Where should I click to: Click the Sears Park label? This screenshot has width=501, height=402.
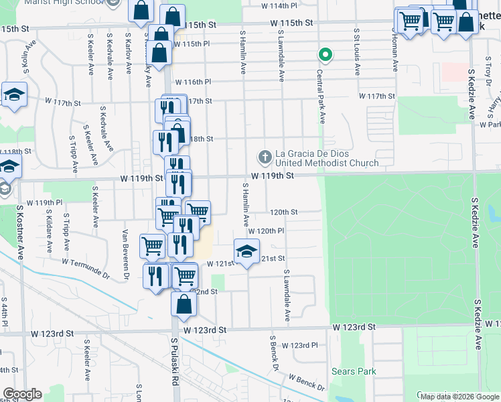click(x=354, y=371)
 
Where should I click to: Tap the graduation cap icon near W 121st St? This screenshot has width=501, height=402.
click(x=246, y=252)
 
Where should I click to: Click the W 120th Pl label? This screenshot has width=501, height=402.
click(x=267, y=230)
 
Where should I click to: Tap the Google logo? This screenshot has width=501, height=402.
click(x=22, y=394)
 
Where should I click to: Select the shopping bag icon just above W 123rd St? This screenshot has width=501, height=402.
click(x=184, y=304)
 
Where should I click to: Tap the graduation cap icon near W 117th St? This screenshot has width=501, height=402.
click(x=13, y=96)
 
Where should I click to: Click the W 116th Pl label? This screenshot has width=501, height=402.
click(x=192, y=82)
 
